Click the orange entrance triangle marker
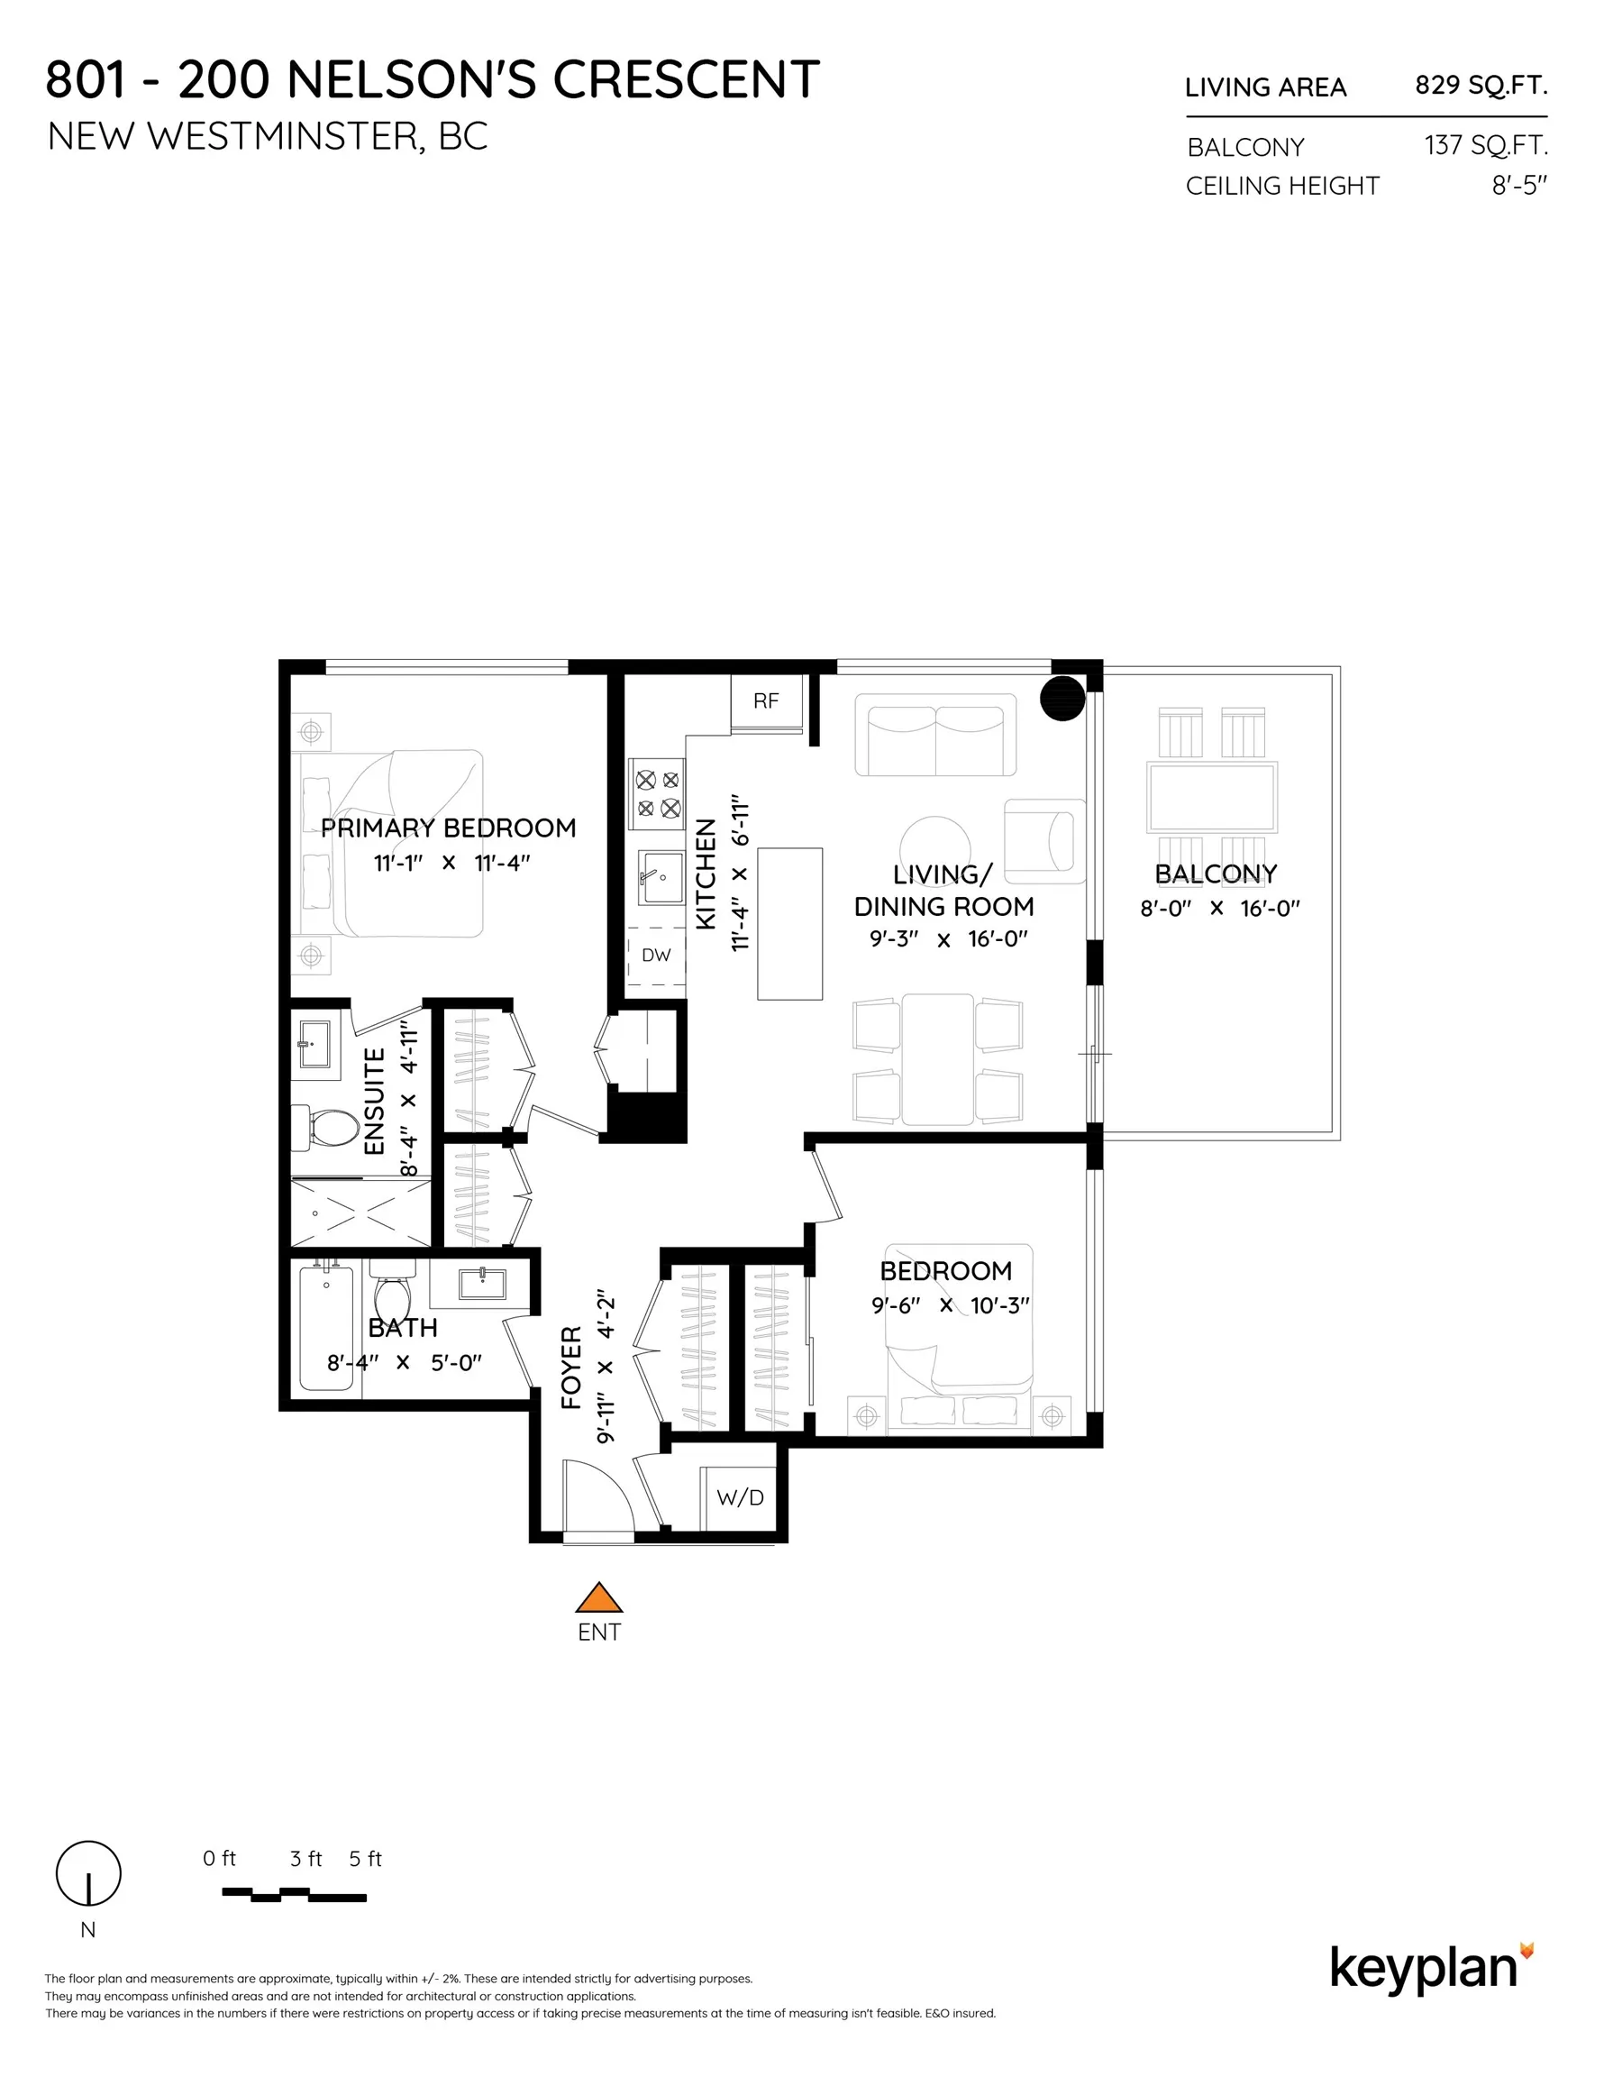point(598,1598)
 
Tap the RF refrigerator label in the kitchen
point(765,700)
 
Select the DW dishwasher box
point(656,955)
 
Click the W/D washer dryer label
point(740,1498)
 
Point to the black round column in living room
point(1062,698)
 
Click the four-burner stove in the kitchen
point(657,794)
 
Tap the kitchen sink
point(661,877)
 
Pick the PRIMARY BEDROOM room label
point(448,828)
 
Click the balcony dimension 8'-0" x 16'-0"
point(1219,908)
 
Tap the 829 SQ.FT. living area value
point(1481,86)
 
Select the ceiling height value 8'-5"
point(1518,186)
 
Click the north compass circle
point(88,1872)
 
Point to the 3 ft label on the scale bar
point(305,1858)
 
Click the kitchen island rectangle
point(789,923)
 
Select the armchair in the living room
point(1045,841)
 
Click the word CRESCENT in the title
point(686,80)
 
